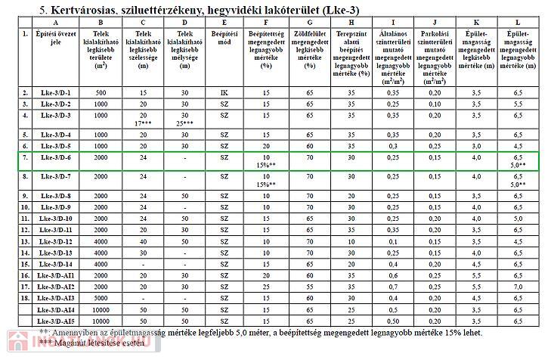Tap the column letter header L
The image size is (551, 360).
(x=516, y=23)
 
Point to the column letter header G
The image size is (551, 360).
(x=308, y=23)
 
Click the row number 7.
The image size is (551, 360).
(x=26, y=157)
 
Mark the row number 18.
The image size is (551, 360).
(x=26, y=298)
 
